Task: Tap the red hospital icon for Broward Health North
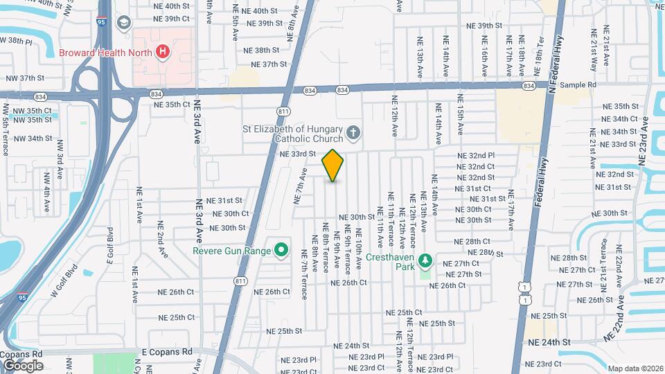tap(162, 51)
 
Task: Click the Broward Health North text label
tap(106, 52)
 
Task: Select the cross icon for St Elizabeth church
tap(353, 131)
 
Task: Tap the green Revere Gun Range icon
tap(281, 250)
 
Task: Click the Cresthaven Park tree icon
tap(426, 261)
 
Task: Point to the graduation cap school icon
tap(124, 23)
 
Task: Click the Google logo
tap(23, 365)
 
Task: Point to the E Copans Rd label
tap(166, 352)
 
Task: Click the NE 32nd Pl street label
tap(475, 156)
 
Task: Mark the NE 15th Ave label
tap(459, 119)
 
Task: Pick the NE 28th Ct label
tap(472, 241)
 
